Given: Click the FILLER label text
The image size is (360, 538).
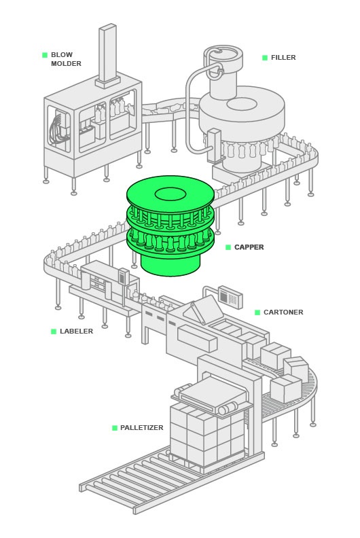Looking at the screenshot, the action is click(x=283, y=58).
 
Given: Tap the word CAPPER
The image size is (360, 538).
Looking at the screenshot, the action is click(x=249, y=247).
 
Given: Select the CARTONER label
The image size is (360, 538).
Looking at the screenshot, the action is click(x=283, y=312).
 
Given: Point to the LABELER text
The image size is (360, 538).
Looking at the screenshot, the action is click(x=76, y=331).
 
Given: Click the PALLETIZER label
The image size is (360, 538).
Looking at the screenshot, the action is click(x=141, y=428).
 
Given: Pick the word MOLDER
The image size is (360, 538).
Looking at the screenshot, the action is click(x=66, y=64).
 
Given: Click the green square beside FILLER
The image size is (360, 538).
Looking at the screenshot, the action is click(x=265, y=58).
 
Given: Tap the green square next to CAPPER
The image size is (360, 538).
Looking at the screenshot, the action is click(x=228, y=247).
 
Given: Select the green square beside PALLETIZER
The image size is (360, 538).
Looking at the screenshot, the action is click(x=115, y=428).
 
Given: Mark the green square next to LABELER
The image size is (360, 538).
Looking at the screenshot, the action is click(x=54, y=331).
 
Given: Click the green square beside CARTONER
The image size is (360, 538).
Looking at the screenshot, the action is click(x=257, y=312).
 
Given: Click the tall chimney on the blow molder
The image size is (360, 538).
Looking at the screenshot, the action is click(x=107, y=55).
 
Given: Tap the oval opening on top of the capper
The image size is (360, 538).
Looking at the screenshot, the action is click(x=170, y=194).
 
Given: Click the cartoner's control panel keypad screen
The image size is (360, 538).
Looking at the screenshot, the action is click(x=230, y=295).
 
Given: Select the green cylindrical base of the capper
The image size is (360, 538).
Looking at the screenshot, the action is click(x=170, y=264).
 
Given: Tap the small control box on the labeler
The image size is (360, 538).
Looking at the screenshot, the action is click(x=123, y=276).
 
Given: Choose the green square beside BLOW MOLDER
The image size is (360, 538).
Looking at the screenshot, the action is click(x=45, y=55).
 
